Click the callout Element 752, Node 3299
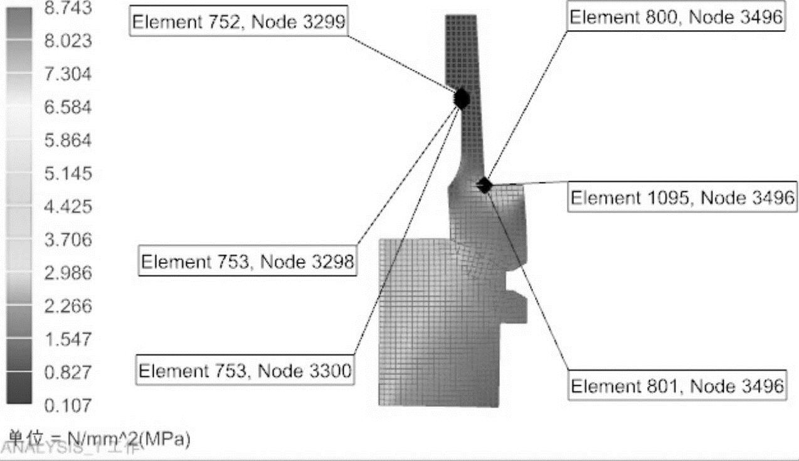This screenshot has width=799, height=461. (239, 22)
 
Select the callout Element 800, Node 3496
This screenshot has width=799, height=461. (676, 18)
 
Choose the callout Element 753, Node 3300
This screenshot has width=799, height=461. (245, 370)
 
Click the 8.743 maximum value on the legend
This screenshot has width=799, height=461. (68, 8)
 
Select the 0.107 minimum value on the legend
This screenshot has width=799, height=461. (68, 405)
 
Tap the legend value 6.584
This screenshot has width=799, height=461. (68, 107)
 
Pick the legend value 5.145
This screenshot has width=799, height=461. (68, 173)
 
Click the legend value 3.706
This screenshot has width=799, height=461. (68, 240)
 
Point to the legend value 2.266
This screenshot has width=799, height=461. (68, 306)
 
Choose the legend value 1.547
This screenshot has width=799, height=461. (68, 339)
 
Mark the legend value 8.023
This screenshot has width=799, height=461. (68, 41)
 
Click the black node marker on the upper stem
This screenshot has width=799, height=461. (462, 98)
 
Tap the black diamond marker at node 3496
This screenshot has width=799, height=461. (484, 184)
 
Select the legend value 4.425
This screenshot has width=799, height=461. (68, 206)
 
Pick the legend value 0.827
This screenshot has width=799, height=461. (68, 373)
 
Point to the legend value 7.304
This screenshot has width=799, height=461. (68, 74)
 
